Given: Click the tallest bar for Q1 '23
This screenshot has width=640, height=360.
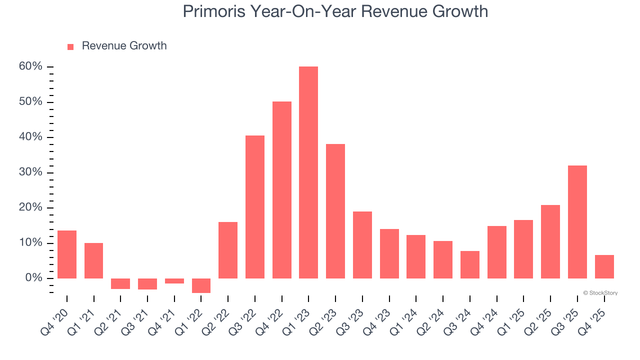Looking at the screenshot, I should pyautogui.click(x=308, y=172).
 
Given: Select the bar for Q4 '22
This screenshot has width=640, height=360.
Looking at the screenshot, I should pyautogui.click(x=281, y=190).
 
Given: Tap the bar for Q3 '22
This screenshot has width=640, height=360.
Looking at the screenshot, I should pyautogui.click(x=255, y=207).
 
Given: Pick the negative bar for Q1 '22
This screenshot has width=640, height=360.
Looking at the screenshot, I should pyautogui.click(x=201, y=285).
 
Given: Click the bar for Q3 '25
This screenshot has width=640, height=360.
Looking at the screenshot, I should pyautogui.click(x=577, y=222).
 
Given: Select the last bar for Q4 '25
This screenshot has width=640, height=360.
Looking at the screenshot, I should pyautogui.click(x=604, y=266).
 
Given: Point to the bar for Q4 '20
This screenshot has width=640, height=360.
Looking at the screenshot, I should pyautogui.click(x=67, y=254).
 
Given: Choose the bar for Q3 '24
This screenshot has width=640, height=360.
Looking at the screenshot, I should pyautogui.click(x=470, y=264).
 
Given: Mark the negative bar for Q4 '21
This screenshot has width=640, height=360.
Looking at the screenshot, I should pyautogui.click(x=174, y=281).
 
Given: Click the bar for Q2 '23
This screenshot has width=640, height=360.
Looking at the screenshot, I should pyautogui.click(x=335, y=211).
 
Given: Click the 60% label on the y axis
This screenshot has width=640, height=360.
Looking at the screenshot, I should pyautogui.click(x=31, y=66).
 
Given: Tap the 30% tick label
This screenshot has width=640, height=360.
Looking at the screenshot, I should pyautogui.click(x=31, y=172).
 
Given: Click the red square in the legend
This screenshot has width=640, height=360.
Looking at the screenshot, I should pyautogui.click(x=70, y=46).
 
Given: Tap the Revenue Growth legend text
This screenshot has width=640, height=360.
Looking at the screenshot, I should pyautogui.click(x=124, y=46).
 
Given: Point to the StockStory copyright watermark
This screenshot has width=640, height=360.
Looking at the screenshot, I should pyautogui.click(x=600, y=293).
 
